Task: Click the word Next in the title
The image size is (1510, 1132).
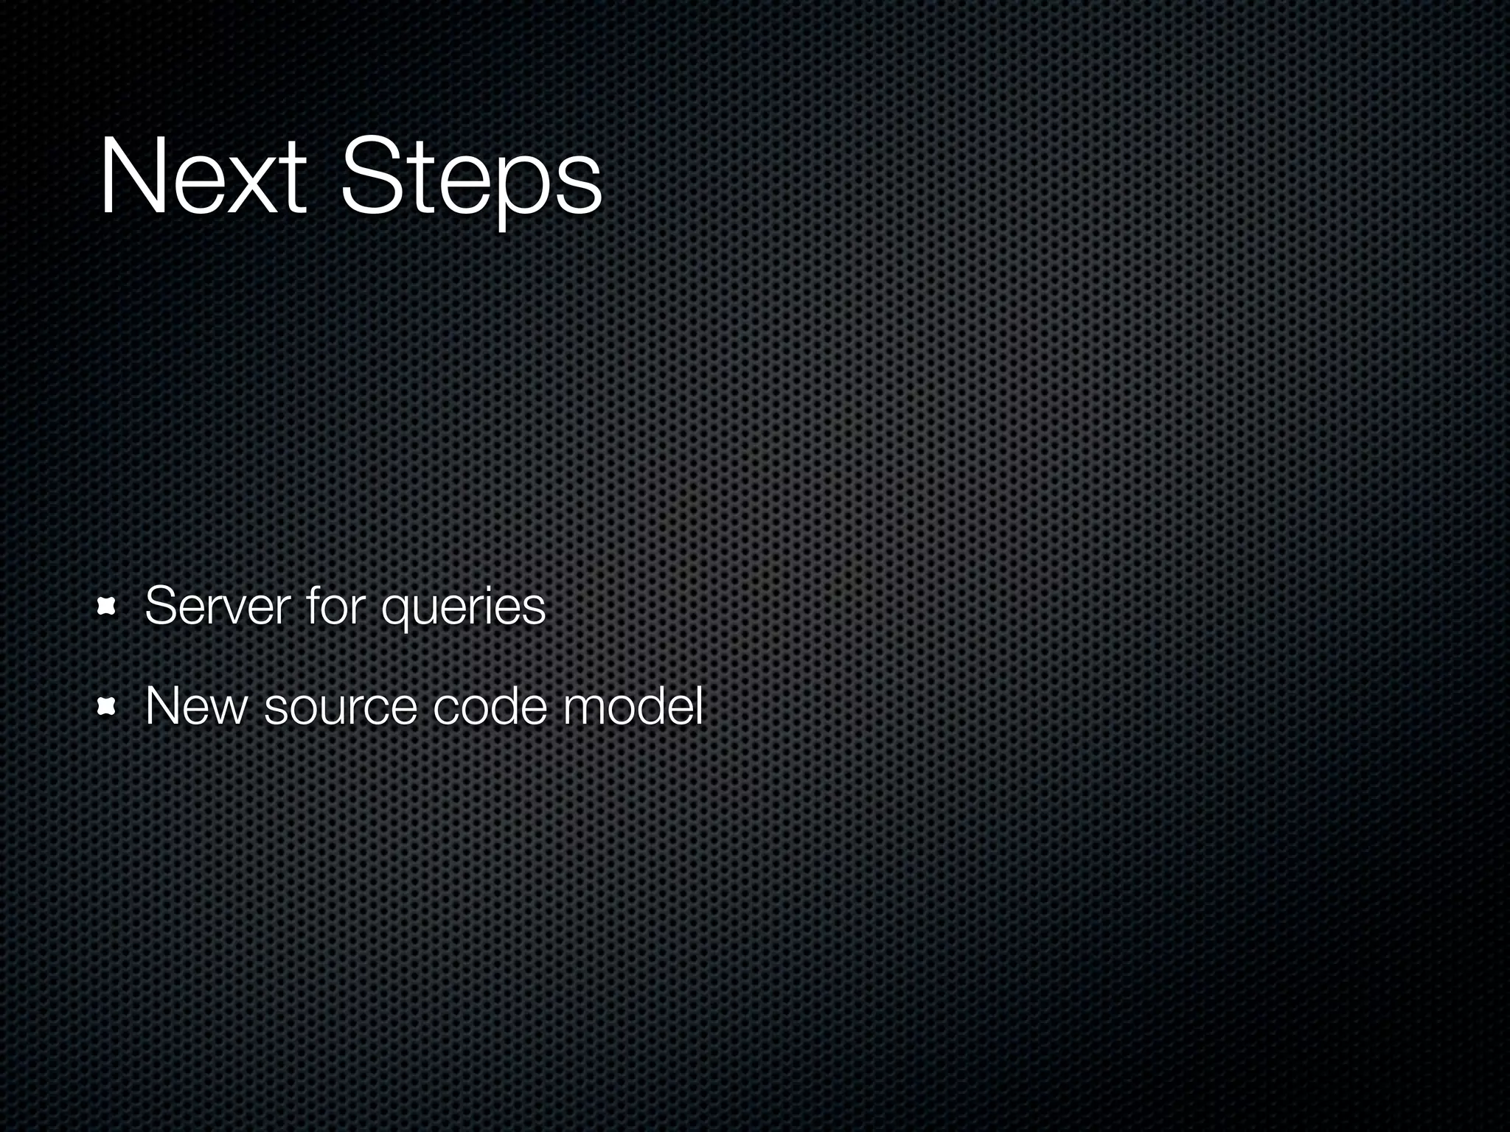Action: pyautogui.click(x=202, y=177)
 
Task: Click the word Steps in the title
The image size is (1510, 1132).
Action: pyautogui.click(x=472, y=181)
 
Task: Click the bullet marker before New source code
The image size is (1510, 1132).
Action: pyautogui.click(x=108, y=707)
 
